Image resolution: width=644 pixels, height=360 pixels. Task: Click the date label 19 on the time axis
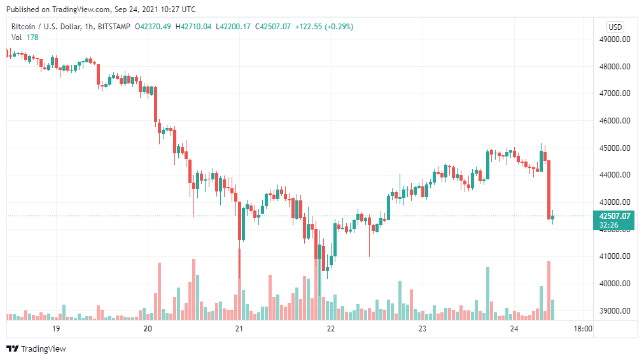coord(56,329)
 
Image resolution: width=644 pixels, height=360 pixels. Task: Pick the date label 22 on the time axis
coord(331,329)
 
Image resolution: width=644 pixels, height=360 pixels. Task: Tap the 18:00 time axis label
coord(582,329)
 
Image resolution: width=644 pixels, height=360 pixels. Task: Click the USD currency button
coord(615,27)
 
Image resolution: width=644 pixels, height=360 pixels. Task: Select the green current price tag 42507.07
coord(614,216)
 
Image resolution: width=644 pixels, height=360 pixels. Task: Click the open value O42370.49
coord(155,27)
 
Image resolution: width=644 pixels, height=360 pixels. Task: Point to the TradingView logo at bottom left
coord(36,349)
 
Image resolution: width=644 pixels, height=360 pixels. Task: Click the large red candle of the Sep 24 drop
coord(549,189)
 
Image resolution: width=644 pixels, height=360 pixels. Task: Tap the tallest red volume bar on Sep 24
coord(549,290)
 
